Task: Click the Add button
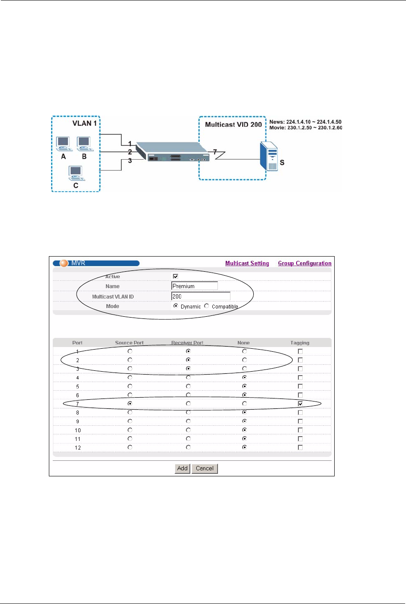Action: tap(182, 468)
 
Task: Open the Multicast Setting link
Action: tap(247, 263)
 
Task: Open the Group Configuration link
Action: tap(304, 263)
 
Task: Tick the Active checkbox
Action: tap(176, 276)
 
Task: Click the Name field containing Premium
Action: tap(195, 286)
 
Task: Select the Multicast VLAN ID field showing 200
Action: tap(201, 296)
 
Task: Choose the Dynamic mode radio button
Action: tap(176, 306)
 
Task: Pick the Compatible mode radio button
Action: tap(207, 306)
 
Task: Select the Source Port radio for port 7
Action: tap(130, 403)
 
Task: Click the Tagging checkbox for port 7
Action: tap(300, 404)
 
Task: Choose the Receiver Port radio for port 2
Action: tap(188, 360)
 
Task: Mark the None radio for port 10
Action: tap(244, 430)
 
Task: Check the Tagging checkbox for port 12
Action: tap(300, 447)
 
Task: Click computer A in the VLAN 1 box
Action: tap(63, 144)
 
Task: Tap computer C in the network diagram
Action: tap(76, 173)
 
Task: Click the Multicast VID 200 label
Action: tap(233, 125)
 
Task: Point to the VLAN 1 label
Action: tap(84, 123)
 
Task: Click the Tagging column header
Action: tap(300, 343)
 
